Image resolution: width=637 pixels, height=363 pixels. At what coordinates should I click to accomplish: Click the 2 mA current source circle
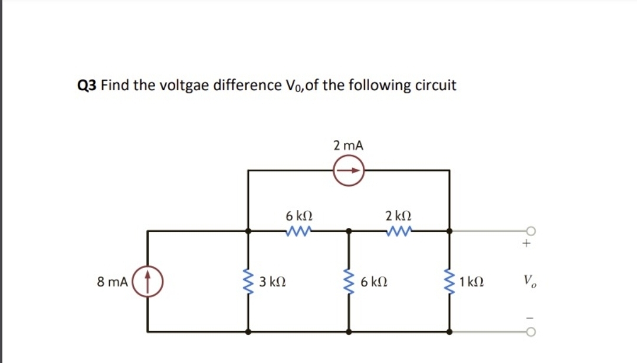click(348, 171)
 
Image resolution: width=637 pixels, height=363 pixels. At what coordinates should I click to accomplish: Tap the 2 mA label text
click(348, 145)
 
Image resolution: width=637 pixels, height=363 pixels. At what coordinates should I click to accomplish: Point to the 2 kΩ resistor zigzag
click(398, 231)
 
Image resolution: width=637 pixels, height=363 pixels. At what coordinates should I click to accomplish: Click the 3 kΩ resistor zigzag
click(248, 282)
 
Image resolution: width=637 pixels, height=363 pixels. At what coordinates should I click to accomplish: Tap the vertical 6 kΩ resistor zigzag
click(349, 282)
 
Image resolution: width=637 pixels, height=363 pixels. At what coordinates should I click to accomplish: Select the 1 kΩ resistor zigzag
click(449, 282)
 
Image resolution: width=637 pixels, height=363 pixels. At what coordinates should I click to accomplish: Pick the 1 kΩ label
click(472, 282)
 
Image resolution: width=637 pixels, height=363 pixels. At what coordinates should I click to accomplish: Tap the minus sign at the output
click(529, 318)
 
